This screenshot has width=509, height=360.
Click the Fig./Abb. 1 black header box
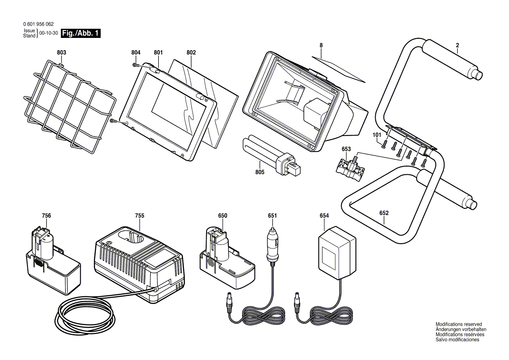click(81, 33)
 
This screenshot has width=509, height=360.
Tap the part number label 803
click(61, 53)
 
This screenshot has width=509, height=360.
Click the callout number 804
click(136, 53)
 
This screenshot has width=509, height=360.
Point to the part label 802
click(191, 53)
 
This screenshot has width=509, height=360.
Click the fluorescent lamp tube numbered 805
click(272, 155)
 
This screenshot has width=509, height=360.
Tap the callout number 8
click(321, 45)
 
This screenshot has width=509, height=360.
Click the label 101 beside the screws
click(377, 135)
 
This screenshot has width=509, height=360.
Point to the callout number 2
click(458, 45)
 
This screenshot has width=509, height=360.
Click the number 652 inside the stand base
click(384, 213)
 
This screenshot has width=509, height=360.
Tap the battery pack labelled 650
click(227, 256)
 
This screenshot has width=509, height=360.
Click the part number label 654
click(324, 216)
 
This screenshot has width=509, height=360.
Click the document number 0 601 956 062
click(38, 24)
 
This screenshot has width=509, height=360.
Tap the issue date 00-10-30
click(49, 33)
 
